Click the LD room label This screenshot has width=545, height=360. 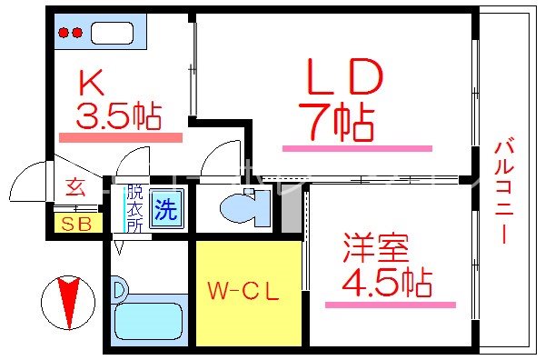click(x=342, y=81)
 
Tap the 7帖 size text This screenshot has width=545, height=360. click(x=336, y=123)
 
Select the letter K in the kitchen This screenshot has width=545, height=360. click(x=91, y=85)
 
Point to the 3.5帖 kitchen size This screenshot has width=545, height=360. click(x=118, y=115)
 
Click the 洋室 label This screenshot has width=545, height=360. click(x=375, y=248)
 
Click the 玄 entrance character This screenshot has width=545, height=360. click(x=75, y=189)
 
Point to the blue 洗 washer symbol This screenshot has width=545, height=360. click(x=165, y=210)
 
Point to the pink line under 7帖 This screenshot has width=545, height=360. click(x=357, y=147)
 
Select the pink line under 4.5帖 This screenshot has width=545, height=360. click(x=390, y=305)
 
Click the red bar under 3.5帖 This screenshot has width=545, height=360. click(x=120, y=137)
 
